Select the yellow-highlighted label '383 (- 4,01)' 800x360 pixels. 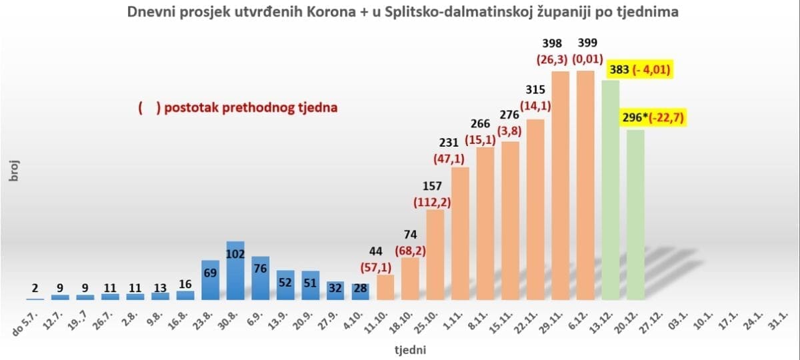click(x=640, y=70)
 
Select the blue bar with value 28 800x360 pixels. click(x=361, y=293)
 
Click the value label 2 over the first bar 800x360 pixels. click(x=35, y=287)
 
